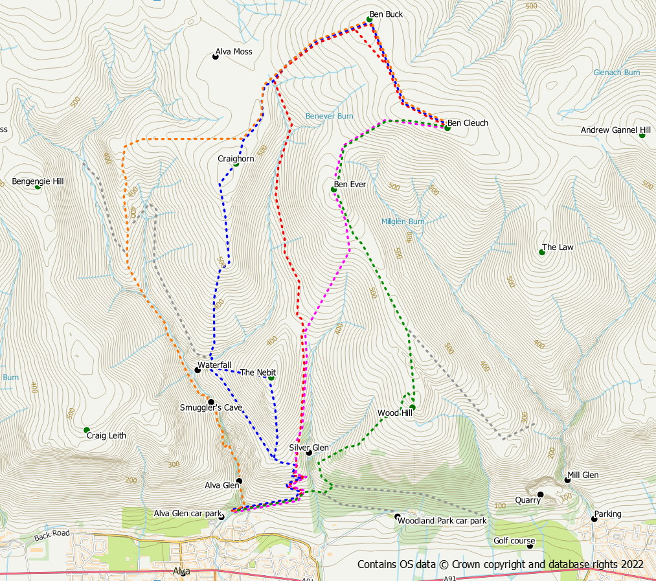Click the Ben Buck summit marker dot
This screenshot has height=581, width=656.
coord(370,19)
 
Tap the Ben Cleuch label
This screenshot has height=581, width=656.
coord(468,123)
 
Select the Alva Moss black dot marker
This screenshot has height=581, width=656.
coord(216,57)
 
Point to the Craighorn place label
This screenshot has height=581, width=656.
coord(236,159)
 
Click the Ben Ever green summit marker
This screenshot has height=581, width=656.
coord(334,189)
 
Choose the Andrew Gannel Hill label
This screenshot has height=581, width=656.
coord(615,130)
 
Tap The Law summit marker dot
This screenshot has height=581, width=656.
coord(542,252)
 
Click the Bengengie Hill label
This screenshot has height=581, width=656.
coord(38,181)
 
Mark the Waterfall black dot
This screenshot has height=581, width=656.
coord(198,370)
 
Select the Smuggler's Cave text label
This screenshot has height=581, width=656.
coord(210,408)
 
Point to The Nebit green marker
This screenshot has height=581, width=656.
coord(271,378)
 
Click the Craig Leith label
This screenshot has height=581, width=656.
coord(106,435)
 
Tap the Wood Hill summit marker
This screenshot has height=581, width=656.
coord(412,407)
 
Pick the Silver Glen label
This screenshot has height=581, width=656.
coord(308,448)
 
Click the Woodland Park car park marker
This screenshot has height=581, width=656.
coord(398,516)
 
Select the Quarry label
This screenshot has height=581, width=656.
coord(527,500)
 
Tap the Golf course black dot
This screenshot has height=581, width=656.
coord(530,546)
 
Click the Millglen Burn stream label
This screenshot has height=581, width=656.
coord(402,222)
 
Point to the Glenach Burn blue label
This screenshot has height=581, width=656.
coord(616,73)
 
